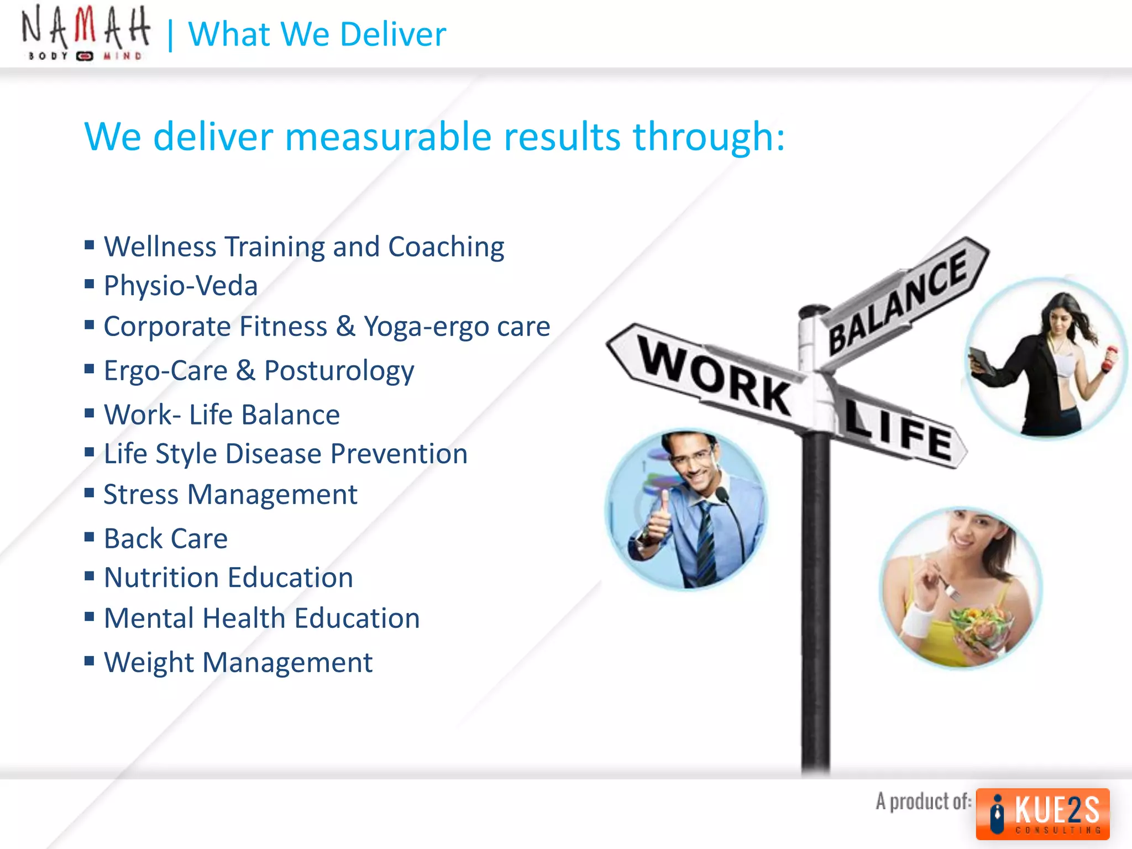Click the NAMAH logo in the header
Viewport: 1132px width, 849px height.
pos(85,33)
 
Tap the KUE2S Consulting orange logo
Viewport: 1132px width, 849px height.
pos(1042,814)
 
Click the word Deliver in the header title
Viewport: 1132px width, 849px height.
pos(392,34)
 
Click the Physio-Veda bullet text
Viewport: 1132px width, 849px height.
pos(181,286)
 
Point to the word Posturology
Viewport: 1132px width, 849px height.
pos(339,371)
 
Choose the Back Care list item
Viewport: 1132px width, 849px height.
pos(166,538)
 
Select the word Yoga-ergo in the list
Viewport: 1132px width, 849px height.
pos(426,327)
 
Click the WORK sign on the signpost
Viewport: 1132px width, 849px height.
pos(713,376)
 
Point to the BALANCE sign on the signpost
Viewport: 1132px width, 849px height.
pos(898,301)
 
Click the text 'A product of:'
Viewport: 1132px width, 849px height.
pos(923,801)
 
